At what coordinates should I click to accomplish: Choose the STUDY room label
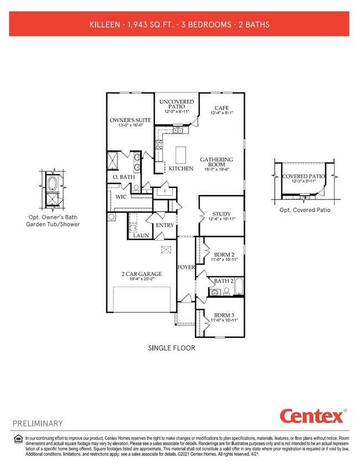click(221, 214)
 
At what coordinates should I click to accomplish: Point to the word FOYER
click(186, 267)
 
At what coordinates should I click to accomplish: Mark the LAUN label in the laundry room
click(140, 235)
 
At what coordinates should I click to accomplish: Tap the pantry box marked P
click(164, 191)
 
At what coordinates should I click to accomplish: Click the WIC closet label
click(121, 197)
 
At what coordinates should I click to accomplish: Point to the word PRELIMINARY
click(38, 424)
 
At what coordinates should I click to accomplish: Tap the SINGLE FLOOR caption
click(171, 349)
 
